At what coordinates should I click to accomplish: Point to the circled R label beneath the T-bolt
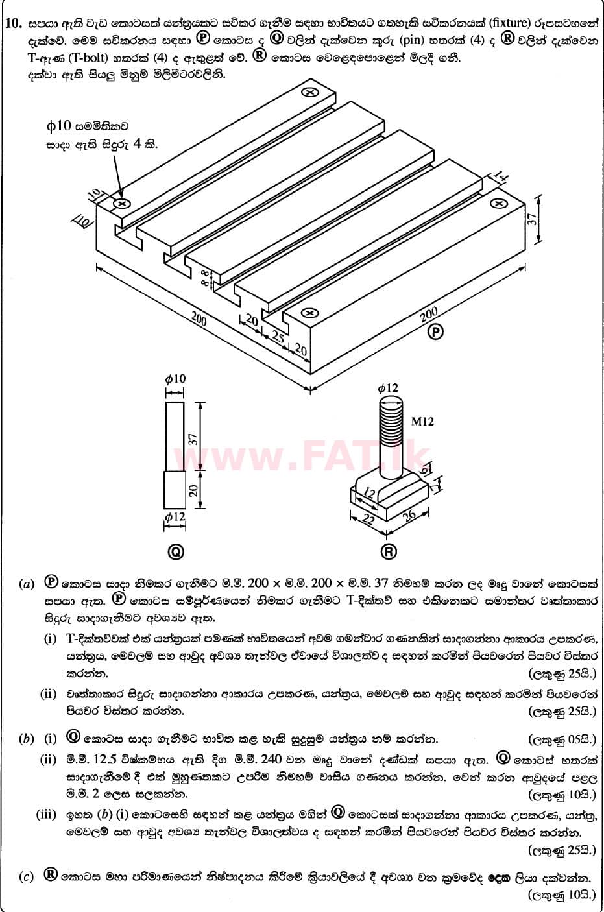point(388,551)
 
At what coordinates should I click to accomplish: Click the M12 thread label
point(422,422)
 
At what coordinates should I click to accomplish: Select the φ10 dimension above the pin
point(175,379)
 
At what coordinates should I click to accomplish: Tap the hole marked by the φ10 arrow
point(121,204)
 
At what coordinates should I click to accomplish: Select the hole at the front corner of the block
point(309,313)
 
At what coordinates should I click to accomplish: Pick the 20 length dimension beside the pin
point(193,490)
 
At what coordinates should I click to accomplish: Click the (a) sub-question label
point(27,584)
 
